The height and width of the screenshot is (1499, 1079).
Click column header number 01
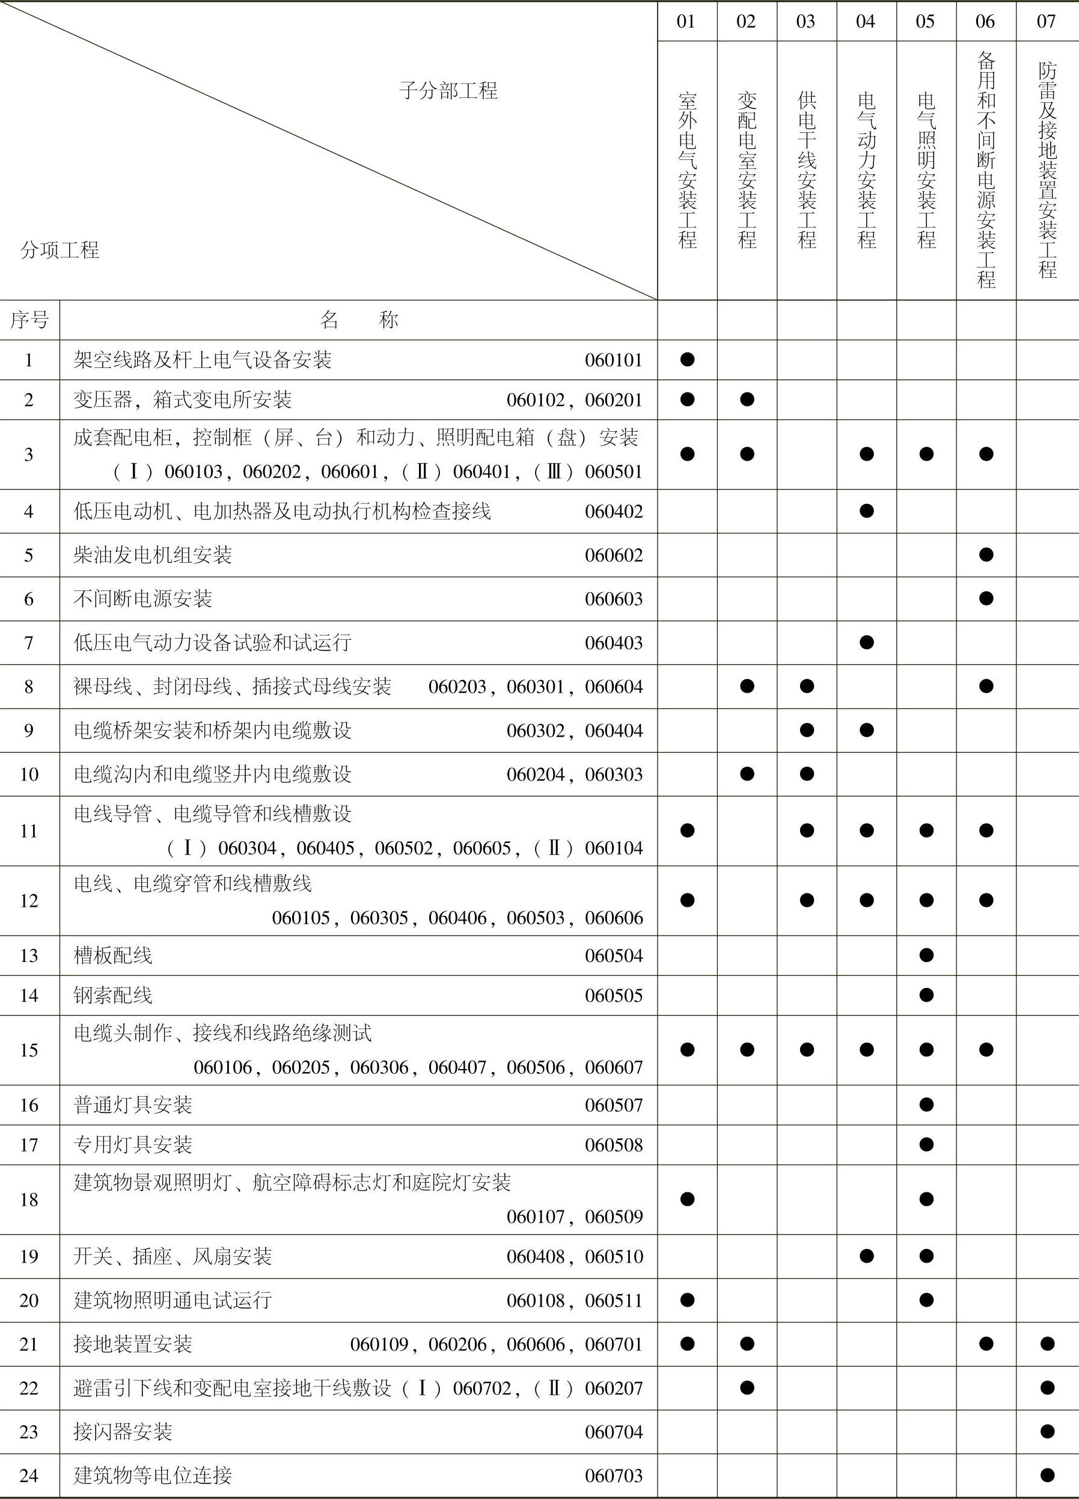click(686, 22)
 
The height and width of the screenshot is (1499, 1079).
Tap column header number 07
click(1046, 22)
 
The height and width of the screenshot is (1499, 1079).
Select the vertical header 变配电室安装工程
click(747, 170)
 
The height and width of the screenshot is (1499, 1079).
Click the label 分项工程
click(60, 250)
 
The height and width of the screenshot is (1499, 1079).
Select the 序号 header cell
click(29, 320)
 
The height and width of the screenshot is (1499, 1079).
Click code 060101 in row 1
click(613, 360)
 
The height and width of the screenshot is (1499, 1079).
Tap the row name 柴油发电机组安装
click(153, 554)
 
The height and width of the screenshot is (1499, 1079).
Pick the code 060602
click(613, 555)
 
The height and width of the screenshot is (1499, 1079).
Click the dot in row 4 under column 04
click(866, 511)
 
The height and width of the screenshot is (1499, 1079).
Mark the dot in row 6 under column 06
click(986, 599)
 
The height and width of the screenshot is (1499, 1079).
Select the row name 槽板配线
click(113, 955)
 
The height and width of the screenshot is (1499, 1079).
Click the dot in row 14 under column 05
click(926, 995)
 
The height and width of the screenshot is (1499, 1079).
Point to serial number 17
click(29, 1144)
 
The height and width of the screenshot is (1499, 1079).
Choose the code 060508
click(613, 1145)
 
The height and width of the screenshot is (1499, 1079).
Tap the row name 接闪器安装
click(123, 1431)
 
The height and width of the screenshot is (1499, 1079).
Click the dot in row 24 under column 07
click(1047, 1474)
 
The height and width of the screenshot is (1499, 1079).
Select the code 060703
click(613, 1475)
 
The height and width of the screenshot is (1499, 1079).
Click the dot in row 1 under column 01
click(687, 360)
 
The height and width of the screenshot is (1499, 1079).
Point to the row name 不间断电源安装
click(142, 599)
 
